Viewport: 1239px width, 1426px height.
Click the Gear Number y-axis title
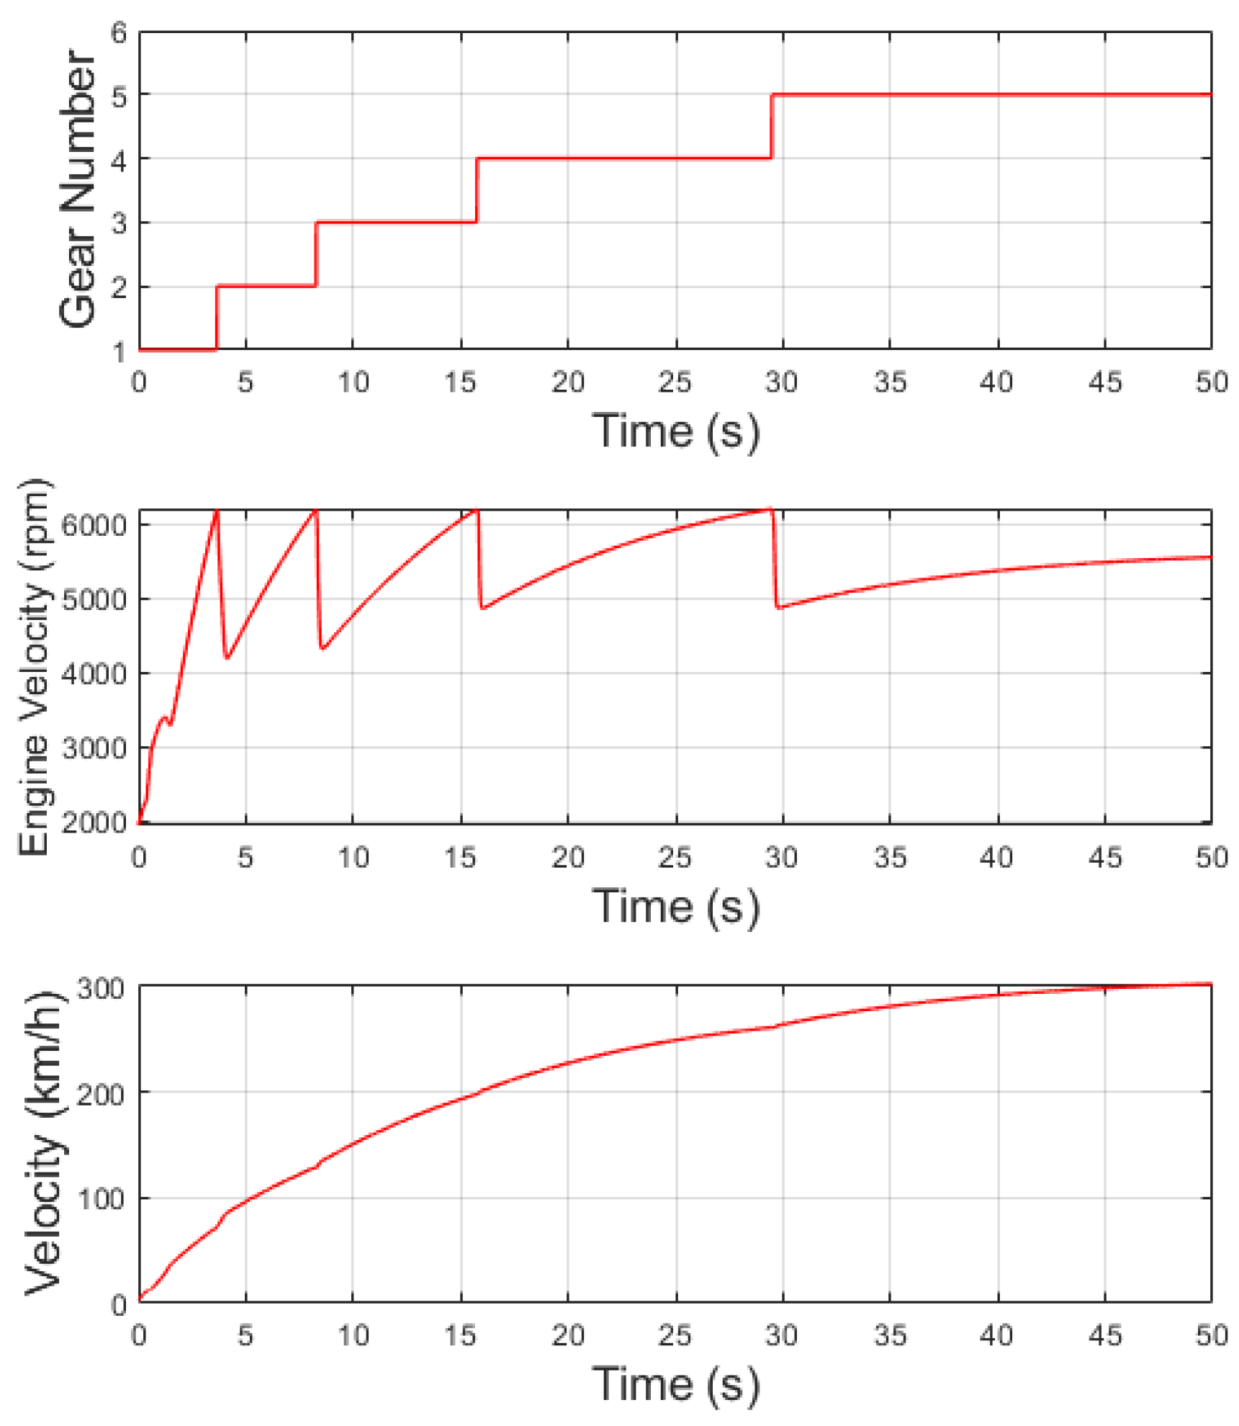pos(78,189)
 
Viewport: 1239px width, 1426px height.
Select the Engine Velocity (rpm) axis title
pos(34,667)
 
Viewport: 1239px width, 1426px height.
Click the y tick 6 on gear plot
pos(119,32)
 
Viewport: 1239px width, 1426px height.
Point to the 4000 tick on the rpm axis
pos(94,674)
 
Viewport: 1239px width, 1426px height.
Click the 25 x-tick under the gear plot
pos(675,382)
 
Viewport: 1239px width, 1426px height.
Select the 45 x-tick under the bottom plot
pos(1104,1335)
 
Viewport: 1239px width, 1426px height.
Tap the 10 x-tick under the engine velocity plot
pos(353,858)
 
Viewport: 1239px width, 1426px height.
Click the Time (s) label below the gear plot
pos(675,431)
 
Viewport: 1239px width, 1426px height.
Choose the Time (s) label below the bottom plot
pos(675,1384)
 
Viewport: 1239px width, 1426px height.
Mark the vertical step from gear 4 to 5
pos(771,126)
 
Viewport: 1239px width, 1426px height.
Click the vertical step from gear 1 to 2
pos(217,318)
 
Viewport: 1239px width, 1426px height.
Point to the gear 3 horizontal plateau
pos(396,222)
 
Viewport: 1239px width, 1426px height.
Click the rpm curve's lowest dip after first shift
pos(227,658)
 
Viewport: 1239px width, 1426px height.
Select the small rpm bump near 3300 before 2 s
pos(165,718)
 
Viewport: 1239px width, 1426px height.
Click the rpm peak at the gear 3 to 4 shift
pos(476,511)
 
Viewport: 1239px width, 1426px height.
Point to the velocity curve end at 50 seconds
pos(1210,984)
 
